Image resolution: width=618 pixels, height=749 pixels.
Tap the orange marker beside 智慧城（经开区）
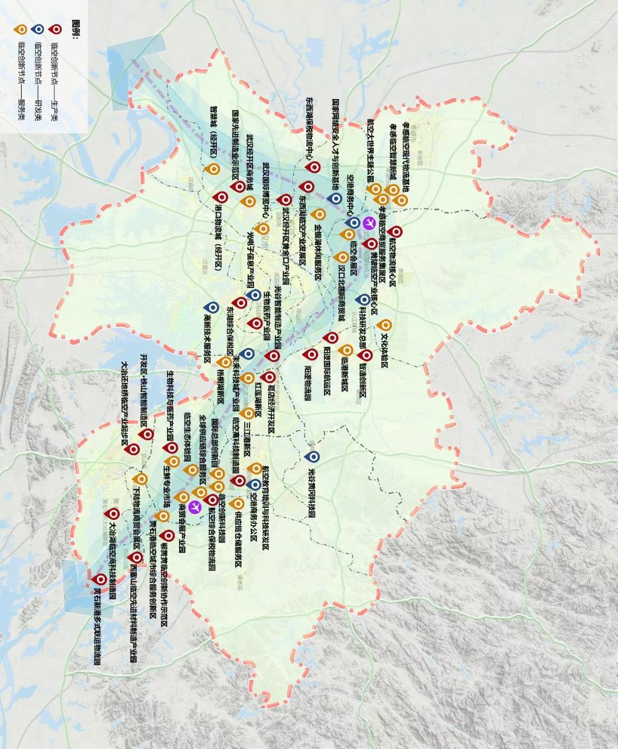tap(213, 169)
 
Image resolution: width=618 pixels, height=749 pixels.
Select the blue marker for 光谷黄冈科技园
tap(312, 456)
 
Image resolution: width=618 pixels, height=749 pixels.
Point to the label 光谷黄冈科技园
tap(312, 493)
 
